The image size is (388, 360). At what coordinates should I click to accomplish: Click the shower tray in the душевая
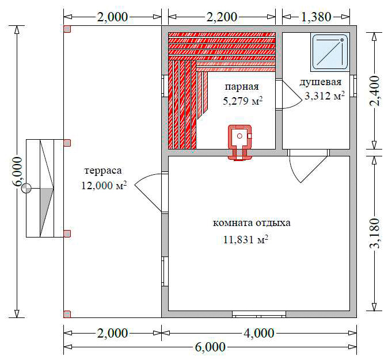tap(330, 52)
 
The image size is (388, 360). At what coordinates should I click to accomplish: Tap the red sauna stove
tap(239, 143)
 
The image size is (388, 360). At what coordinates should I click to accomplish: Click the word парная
tap(242, 87)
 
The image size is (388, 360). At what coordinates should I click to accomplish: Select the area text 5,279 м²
tap(242, 101)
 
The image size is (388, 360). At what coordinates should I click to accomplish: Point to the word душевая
tap(321, 82)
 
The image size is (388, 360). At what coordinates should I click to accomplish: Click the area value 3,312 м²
tap(325, 95)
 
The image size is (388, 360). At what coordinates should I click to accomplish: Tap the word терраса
tap(103, 171)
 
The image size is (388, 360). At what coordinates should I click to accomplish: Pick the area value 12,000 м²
tap(104, 185)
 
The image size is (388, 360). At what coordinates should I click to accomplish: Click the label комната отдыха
tap(252, 223)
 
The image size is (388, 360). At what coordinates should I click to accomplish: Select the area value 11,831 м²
tap(246, 239)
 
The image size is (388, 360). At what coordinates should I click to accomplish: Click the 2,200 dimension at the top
tap(222, 17)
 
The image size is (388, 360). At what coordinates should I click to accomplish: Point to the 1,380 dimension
tap(316, 17)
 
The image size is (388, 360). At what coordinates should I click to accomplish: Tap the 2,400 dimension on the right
tap(374, 91)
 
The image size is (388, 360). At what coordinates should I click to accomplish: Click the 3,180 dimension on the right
tap(374, 233)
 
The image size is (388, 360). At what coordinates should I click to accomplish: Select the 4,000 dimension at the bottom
tap(259, 333)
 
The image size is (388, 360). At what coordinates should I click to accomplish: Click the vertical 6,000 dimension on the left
tap(17, 171)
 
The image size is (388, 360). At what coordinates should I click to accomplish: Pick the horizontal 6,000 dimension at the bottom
tap(210, 347)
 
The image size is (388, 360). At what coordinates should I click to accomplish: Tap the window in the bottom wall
tap(259, 315)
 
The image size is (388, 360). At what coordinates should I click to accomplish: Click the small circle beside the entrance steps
tap(26, 189)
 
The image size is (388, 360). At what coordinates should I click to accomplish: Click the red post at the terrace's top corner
tap(67, 29)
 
